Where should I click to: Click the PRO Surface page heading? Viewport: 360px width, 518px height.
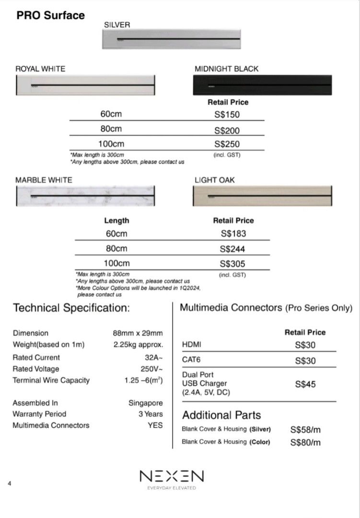pyautogui.click(x=50, y=15)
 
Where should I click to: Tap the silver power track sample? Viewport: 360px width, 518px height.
pyautogui.click(x=171, y=38)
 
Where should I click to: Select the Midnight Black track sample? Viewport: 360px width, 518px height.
pyautogui.click(x=262, y=85)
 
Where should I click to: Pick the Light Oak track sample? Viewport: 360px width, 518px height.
pyautogui.click(x=262, y=196)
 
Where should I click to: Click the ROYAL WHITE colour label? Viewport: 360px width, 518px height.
pyautogui.click(x=40, y=69)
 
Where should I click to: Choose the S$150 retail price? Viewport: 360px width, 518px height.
pyautogui.click(x=227, y=115)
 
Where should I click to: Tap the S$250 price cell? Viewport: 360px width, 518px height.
pyautogui.click(x=227, y=144)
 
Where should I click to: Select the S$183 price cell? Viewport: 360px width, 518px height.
pyautogui.click(x=233, y=234)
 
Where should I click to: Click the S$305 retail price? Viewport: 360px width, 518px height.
pyautogui.click(x=233, y=263)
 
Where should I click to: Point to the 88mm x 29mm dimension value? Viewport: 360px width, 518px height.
pyautogui.click(x=138, y=333)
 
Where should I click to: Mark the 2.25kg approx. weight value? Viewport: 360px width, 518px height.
pyautogui.click(x=138, y=345)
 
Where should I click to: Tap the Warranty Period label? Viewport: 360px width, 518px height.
pyautogui.click(x=39, y=414)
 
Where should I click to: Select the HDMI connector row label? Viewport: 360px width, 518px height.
pyautogui.click(x=192, y=345)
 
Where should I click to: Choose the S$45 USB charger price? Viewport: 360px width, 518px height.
pyautogui.click(x=305, y=384)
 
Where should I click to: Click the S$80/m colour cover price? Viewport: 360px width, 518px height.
pyautogui.click(x=305, y=442)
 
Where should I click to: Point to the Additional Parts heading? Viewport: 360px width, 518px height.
pyautogui.click(x=221, y=415)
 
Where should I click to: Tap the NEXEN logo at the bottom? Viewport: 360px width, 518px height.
pyautogui.click(x=172, y=476)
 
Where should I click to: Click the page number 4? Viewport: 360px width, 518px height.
pyautogui.click(x=10, y=483)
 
